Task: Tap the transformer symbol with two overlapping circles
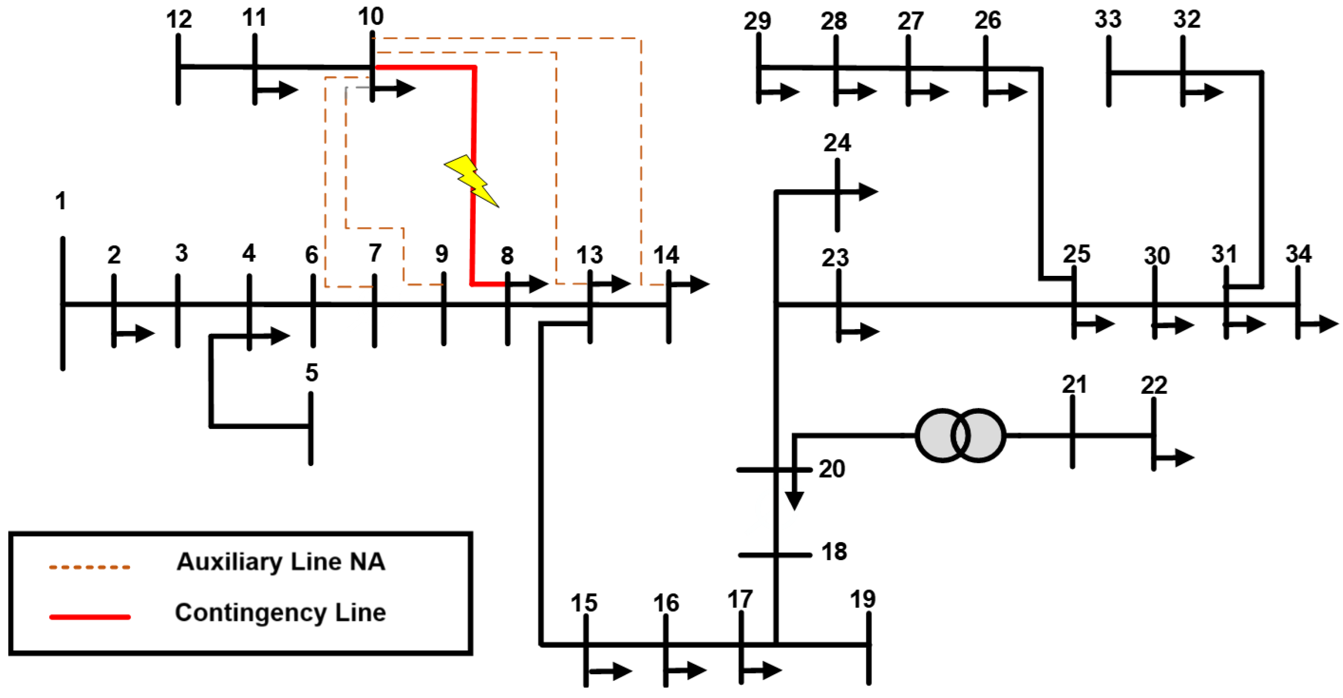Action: coord(960,435)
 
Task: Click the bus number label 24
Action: coord(837,143)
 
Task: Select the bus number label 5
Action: coord(311,373)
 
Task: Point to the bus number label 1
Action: coord(60,201)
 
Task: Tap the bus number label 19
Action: coord(862,599)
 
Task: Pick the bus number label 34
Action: coord(1298,254)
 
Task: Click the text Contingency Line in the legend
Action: coord(280,613)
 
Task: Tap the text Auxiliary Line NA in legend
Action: coord(280,562)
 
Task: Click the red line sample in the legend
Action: coord(90,617)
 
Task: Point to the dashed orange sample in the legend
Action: coord(90,567)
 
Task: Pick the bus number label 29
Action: coord(756,21)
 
